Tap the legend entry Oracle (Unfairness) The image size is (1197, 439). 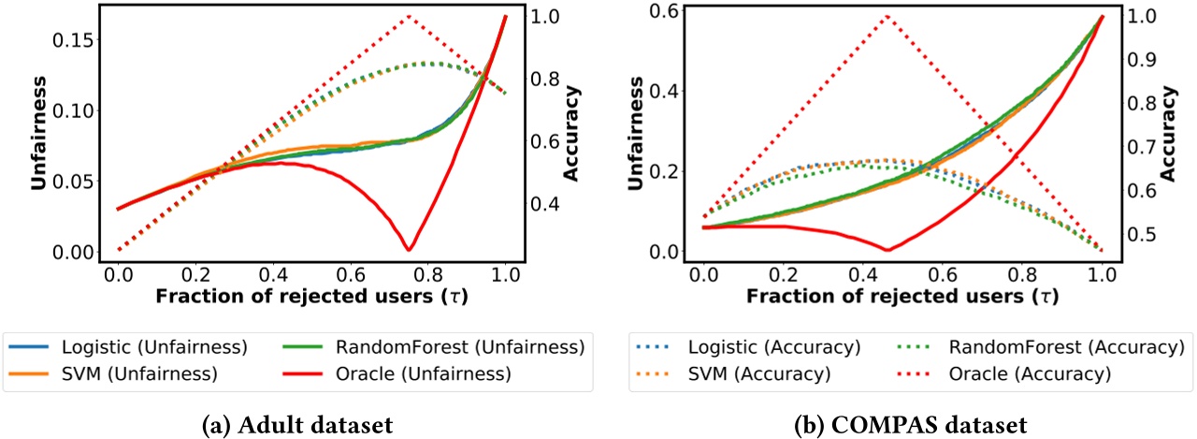436,373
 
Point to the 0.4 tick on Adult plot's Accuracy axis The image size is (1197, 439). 544,204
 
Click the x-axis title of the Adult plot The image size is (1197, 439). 310,297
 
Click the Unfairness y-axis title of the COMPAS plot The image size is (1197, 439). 639,135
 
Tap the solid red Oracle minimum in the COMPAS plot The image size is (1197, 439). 887,249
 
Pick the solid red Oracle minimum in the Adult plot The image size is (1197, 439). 408,249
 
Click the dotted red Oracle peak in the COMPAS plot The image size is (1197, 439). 887,16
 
